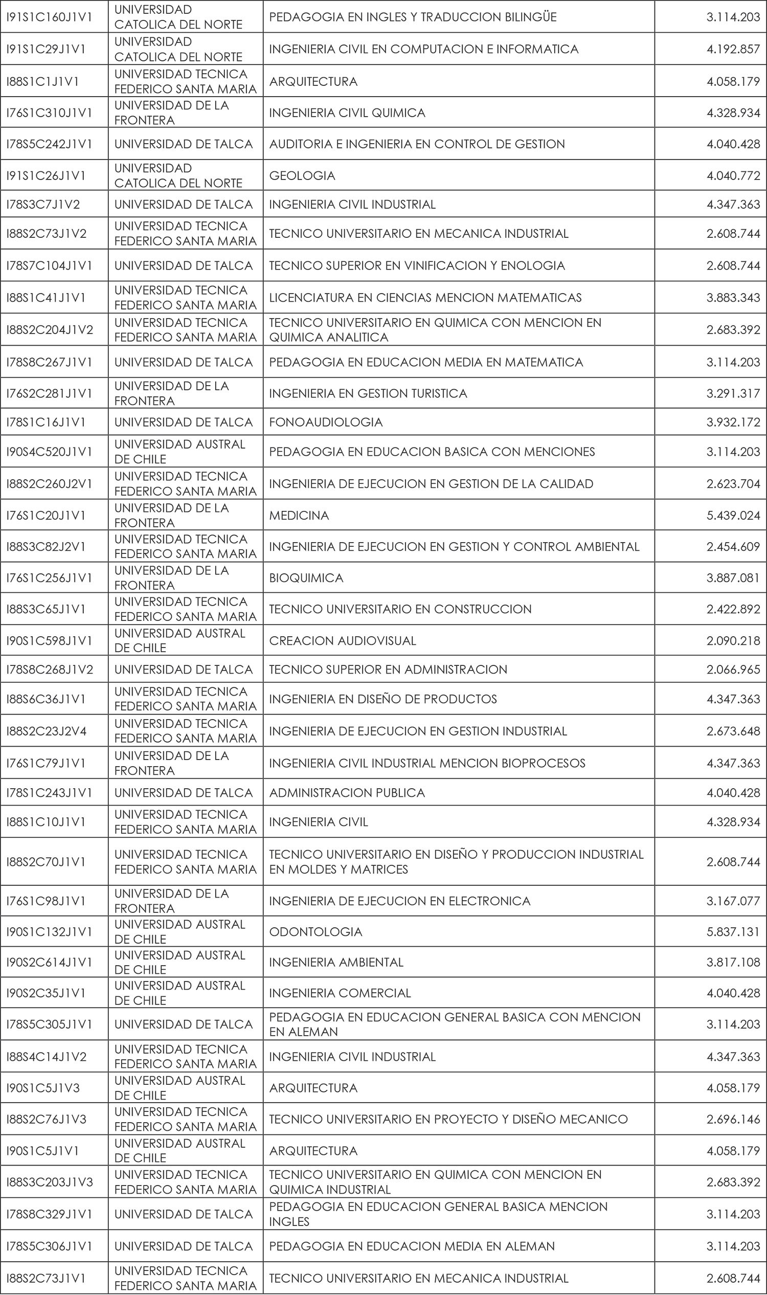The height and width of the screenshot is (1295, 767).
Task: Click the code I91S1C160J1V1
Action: pos(49,17)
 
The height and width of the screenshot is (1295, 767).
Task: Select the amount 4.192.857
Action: pos(733,49)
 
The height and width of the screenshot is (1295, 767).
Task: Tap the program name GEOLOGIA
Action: pos(302,176)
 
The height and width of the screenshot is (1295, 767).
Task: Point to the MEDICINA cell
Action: pos(299,516)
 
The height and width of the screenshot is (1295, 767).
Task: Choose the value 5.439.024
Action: pos(733,516)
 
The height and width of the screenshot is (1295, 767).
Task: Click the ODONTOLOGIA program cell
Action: pos(315,931)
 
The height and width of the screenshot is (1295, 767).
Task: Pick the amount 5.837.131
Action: pos(733,931)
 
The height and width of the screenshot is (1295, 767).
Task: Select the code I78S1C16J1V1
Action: pos(46,422)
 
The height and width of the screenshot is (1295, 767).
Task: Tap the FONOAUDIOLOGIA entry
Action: pos(326,422)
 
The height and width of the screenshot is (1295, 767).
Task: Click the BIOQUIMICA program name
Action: pos(306,578)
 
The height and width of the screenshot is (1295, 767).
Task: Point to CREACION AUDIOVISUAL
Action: pos(342,641)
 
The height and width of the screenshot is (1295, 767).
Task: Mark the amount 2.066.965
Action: pos(733,669)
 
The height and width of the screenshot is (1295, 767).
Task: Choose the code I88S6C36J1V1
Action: pos(46,699)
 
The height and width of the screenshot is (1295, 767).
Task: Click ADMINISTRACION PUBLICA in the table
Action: pos(347,793)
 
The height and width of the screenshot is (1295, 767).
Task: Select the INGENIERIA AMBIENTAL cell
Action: pos(336,962)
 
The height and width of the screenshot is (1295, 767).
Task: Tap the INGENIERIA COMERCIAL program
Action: pos(340,993)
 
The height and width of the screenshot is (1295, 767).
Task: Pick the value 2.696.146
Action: pos(733,1119)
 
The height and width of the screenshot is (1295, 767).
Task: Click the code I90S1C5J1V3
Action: pos(43,1088)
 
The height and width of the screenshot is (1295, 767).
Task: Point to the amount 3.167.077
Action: pos(733,901)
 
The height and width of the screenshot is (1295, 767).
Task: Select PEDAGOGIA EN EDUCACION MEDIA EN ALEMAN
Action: pos(412,1246)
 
